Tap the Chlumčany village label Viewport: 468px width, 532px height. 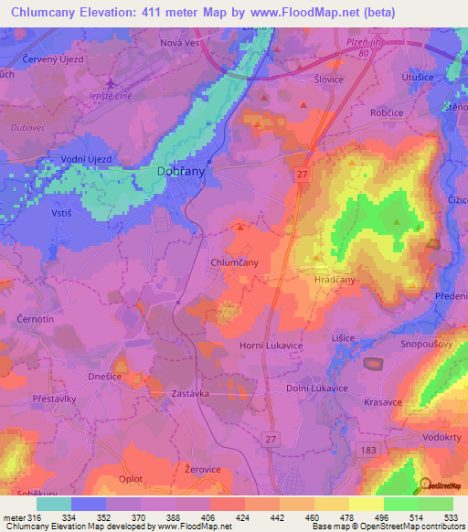point(234,262)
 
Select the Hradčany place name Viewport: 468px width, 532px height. point(334,281)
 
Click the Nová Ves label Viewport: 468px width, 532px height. point(179,43)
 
